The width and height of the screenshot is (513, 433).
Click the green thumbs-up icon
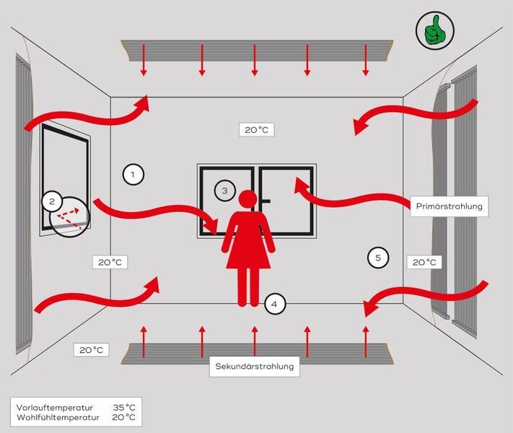coord(435,30)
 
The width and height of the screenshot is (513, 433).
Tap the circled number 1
coord(133,175)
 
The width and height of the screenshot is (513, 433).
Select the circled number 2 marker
coord(52,201)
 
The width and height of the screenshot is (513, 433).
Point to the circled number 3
coord(225,191)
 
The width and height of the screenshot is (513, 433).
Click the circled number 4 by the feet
coord(275,304)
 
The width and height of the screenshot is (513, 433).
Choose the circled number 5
coord(378,258)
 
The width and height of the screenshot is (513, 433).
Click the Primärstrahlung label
coord(450,206)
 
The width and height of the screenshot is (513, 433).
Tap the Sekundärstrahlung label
coord(255,366)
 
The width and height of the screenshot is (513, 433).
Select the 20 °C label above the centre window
coord(257,130)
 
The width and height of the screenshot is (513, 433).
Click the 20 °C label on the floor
coord(92,350)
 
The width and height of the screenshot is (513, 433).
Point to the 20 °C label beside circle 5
coord(424,262)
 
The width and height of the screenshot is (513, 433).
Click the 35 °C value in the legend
coord(124,408)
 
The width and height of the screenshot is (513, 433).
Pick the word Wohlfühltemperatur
coord(58,418)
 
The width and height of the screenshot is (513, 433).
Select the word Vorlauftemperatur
coord(55,408)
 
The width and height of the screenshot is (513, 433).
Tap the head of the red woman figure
coord(247,199)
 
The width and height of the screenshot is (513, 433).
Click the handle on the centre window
coord(266,201)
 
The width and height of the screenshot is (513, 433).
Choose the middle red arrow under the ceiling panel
coord(255,60)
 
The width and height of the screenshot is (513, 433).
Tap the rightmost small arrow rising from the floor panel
coord(366,341)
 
